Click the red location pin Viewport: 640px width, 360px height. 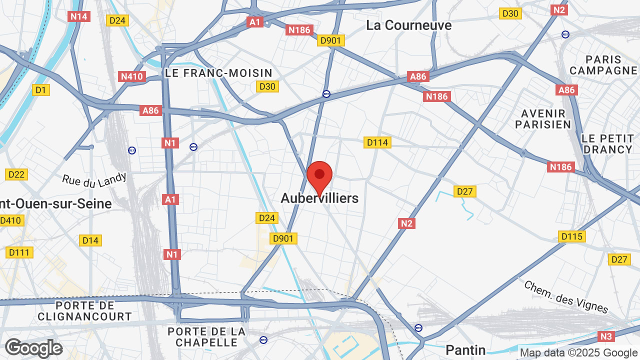coord(319,176)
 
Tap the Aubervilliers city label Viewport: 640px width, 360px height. coord(319,198)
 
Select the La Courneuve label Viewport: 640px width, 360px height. coord(408,25)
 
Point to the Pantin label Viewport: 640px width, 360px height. coord(465,349)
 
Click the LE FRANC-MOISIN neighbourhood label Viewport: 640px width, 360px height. coord(218,73)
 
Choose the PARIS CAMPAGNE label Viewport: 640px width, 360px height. coord(603,65)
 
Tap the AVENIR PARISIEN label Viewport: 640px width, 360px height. coord(543,119)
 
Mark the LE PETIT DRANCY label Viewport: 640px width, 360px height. coord(607,143)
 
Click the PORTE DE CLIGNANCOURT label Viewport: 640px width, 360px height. coord(84,310)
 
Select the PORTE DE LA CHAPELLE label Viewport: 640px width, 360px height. coord(206,337)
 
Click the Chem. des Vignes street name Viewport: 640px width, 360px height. coord(566,296)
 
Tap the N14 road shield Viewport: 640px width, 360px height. coord(79,16)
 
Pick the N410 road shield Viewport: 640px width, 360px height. coord(132,76)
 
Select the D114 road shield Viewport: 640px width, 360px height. coord(377,142)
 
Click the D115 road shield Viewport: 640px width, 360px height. coord(572,236)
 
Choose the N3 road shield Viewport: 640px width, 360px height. coord(606,336)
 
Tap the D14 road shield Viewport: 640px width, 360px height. coord(90,240)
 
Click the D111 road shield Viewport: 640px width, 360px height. coord(19,252)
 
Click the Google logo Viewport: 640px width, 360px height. coord(33,348)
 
